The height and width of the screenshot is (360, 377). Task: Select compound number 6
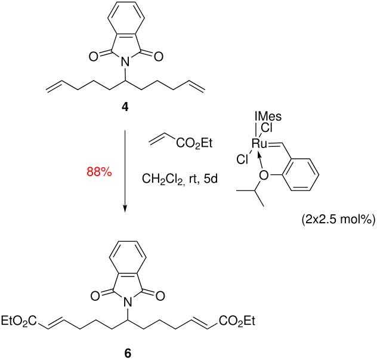[127, 352]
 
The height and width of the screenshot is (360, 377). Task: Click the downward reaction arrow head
[126, 208]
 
